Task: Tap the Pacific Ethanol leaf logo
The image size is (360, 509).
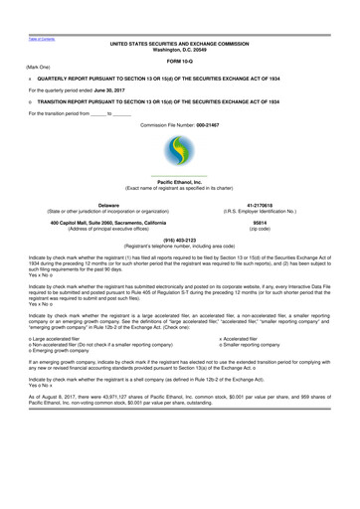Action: click(179, 155)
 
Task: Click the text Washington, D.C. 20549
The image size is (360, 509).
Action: click(180, 50)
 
